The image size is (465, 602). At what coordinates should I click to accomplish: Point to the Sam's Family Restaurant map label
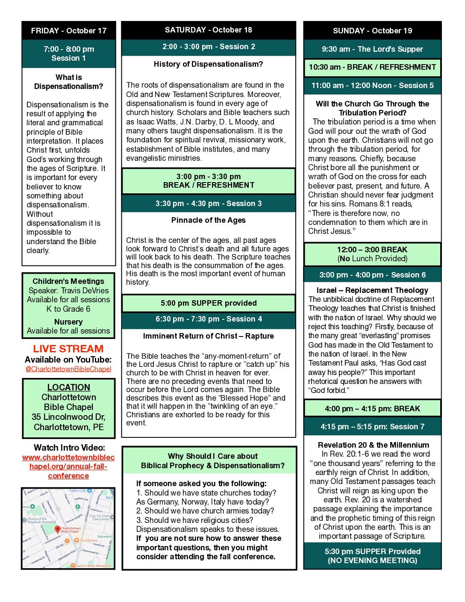pyautogui.click(x=93, y=566)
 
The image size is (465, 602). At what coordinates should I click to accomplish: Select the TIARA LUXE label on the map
pyautogui.click(x=78, y=490)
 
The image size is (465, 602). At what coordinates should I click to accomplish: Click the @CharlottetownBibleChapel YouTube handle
pyautogui.click(x=68, y=369)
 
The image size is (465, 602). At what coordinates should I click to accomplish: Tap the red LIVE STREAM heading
pyautogui.click(x=68, y=349)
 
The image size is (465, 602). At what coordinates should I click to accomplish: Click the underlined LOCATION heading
pyautogui.click(x=68, y=387)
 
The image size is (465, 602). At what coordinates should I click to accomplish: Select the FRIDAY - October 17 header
pyautogui.click(x=68, y=31)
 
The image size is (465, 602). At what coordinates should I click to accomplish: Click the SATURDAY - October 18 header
pyautogui.click(x=209, y=30)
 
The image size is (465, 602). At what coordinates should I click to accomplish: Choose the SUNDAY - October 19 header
pyautogui.click(x=372, y=31)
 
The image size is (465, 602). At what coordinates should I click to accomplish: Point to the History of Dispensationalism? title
pyautogui.click(x=208, y=64)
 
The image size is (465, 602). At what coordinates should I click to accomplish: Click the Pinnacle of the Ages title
pyautogui.click(x=208, y=220)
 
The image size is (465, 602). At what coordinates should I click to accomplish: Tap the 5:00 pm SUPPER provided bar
pyautogui.click(x=209, y=303)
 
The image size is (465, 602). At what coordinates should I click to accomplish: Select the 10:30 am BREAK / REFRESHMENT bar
pyautogui.click(x=372, y=67)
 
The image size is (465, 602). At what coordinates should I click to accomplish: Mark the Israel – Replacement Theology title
pyautogui.click(x=372, y=290)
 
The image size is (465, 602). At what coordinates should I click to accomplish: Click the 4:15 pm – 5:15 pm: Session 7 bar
pyautogui.click(x=372, y=427)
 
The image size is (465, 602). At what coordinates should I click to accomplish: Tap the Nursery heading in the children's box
pyautogui.click(x=68, y=322)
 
